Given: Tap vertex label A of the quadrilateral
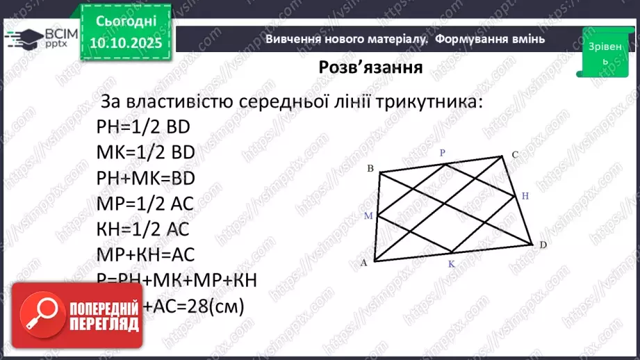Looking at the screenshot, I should tap(363, 263).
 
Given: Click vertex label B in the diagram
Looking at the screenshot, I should tap(370, 169).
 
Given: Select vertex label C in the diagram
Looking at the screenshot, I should tap(515, 154).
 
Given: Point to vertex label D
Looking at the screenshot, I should tap(542, 244).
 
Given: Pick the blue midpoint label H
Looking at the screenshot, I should tap(525, 197).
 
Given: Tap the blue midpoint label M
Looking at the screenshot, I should tap(369, 216).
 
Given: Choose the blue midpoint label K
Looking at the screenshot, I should tap(450, 265).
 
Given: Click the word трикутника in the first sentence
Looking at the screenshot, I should tap(430, 101).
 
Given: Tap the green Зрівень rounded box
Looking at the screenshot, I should tap(600, 51).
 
